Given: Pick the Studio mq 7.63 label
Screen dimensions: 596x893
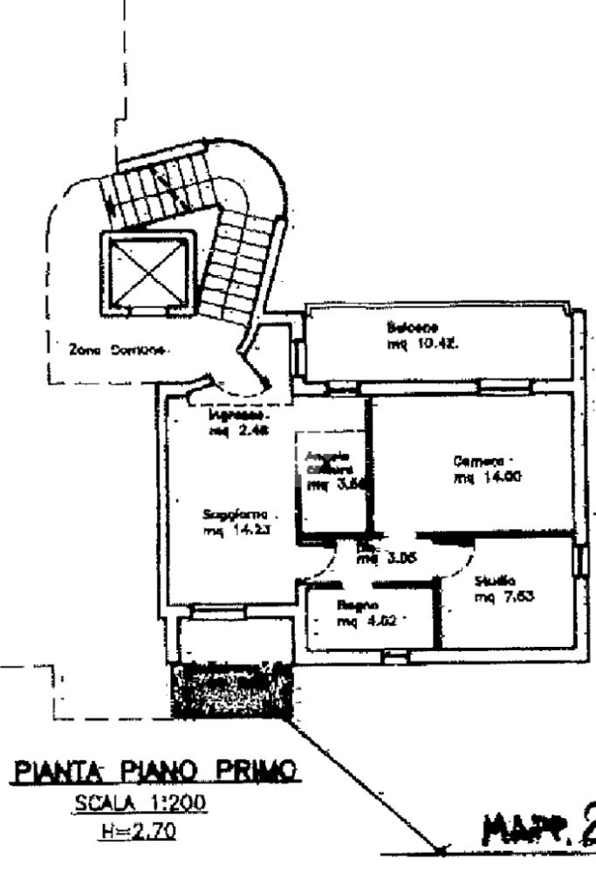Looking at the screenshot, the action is [x=497, y=589].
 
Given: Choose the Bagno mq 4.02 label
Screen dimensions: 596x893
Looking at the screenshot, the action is [x=360, y=613].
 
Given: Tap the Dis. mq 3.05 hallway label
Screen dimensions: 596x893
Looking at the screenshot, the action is [x=379, y=554].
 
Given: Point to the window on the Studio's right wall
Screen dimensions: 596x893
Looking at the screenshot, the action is [x=579, y=560].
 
